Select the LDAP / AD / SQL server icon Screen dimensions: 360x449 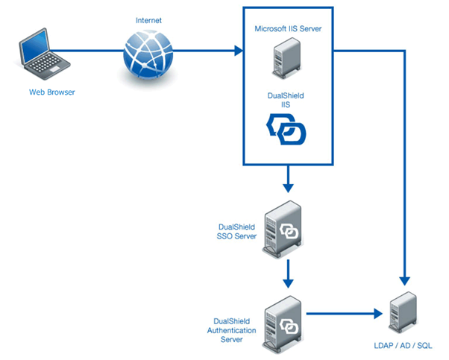click(404, 313)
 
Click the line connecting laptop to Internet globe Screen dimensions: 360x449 click(90, 52)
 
